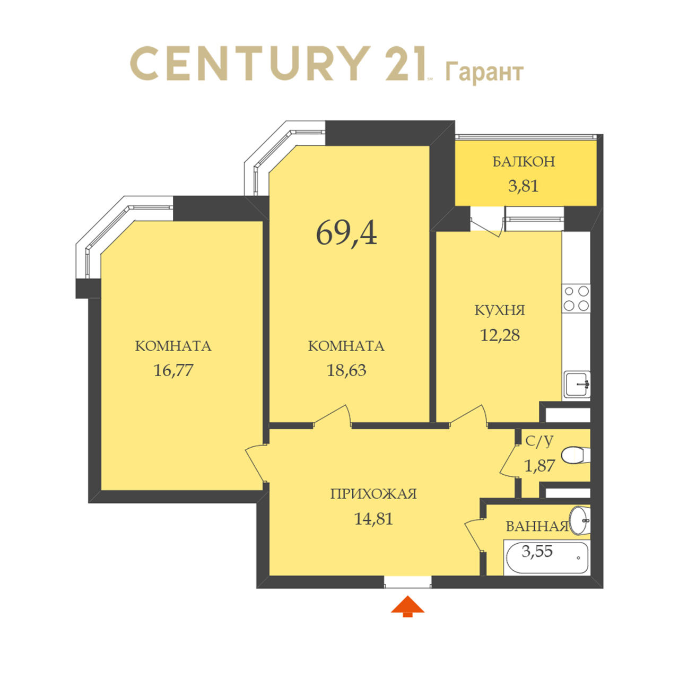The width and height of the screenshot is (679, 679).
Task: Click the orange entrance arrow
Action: (407, 606)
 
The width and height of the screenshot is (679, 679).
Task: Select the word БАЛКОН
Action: (524, 161)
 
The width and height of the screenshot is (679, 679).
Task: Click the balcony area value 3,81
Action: (523, 186)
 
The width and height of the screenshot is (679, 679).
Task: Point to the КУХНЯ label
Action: (500, 310)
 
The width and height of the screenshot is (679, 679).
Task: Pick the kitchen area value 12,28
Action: (500, 335)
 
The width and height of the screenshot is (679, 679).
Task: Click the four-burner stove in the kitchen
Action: (576, 299)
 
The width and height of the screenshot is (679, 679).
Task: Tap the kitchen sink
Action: (576, 385)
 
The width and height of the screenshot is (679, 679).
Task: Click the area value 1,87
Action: (539, 466)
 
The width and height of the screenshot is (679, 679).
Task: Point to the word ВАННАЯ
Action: (537, 526)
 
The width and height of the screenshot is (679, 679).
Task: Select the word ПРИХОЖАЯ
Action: (373, 494)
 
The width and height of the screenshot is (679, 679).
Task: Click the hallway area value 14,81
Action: (373, 519)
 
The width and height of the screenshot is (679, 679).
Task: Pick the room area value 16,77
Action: (173, 370)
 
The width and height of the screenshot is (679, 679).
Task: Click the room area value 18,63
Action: (346, 370)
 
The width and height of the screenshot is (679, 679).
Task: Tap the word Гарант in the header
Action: (484, 73)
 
